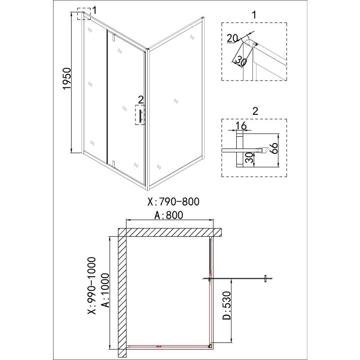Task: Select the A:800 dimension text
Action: pyautogui.click(x=169, y=215)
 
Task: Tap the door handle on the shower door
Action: pyautogui.click(x=140, y=116)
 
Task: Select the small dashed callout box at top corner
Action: pyautogui.click(x=84, y=14)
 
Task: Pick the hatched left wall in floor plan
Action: pyautogui.click(x=122, y=292)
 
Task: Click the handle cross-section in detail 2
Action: pyautogui.click(x=263, y=150)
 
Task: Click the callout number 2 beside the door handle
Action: pyautogui.click(x=140, y=99)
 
